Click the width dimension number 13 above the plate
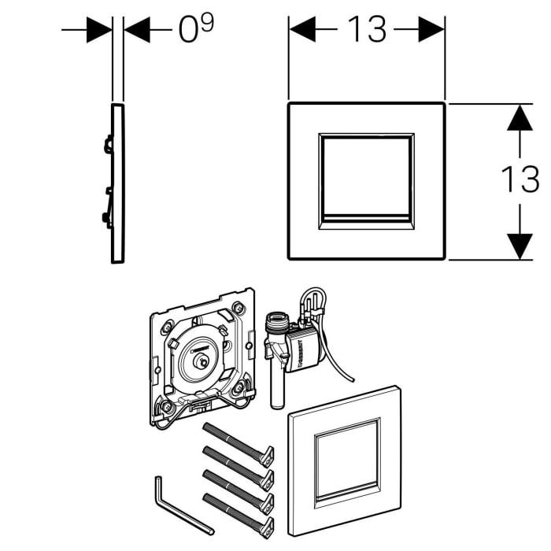coord(368,30)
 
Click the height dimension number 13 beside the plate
coord(520,179)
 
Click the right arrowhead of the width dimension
coord(431,30)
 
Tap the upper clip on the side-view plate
coord(108,145)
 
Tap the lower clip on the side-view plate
coord(106,218)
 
